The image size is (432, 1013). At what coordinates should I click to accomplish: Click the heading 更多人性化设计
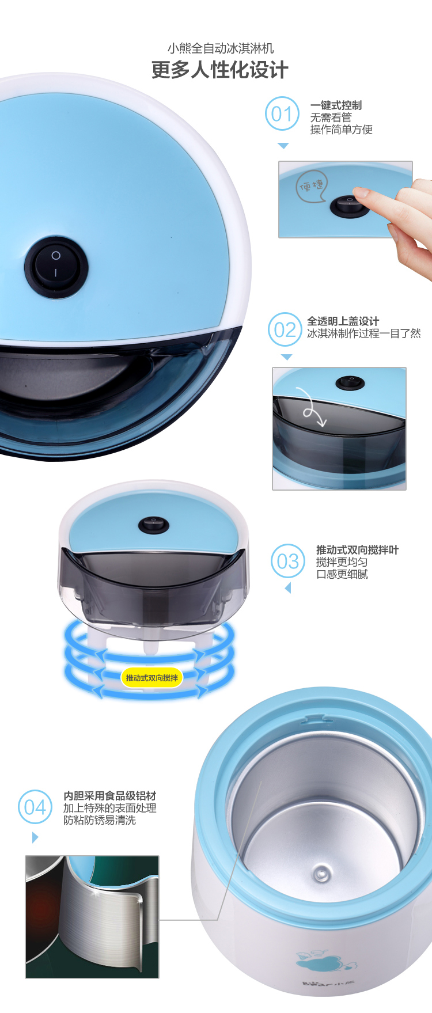(x=219, y=70)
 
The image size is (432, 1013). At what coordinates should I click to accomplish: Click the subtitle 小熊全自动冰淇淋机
(x=221, y=48)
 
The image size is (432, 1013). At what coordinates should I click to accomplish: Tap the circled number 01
(x=282, y=114)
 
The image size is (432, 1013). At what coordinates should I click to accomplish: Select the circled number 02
(x=285, y=329)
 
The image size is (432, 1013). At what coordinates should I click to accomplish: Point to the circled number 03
(x=288, y=561)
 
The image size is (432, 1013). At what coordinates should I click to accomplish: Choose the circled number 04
(x=35, y=807)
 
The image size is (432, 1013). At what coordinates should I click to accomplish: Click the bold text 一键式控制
(x=336, y=105)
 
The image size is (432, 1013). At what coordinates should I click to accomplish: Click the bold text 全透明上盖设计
(x=343, y=321)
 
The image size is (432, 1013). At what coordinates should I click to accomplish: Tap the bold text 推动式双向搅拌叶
(x=357, y=550)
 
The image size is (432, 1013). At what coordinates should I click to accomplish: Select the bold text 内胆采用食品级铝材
(x=110, y=796)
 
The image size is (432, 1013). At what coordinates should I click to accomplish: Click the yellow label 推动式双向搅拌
(x=152, y=678)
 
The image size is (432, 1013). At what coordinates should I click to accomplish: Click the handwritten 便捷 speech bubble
(x=312, y=185)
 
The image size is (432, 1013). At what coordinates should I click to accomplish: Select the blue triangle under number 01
(x=283, y=146)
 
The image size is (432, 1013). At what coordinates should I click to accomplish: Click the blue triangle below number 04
(x=35, y=837)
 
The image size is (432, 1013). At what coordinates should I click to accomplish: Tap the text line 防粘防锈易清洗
(x=100, y=820)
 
